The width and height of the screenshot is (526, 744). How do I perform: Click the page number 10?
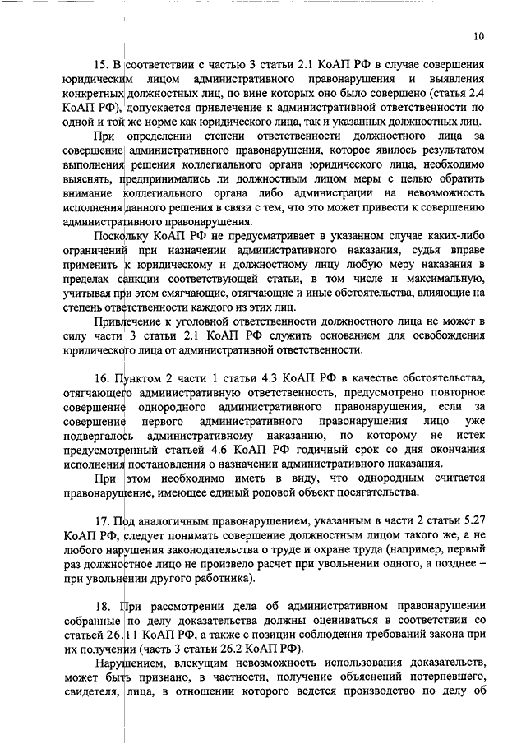479,36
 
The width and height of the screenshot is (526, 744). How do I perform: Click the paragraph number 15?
103,63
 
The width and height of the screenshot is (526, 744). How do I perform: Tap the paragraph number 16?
103,377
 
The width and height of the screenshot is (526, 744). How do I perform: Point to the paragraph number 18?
103,608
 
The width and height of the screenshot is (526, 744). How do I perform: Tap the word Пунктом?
141,377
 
